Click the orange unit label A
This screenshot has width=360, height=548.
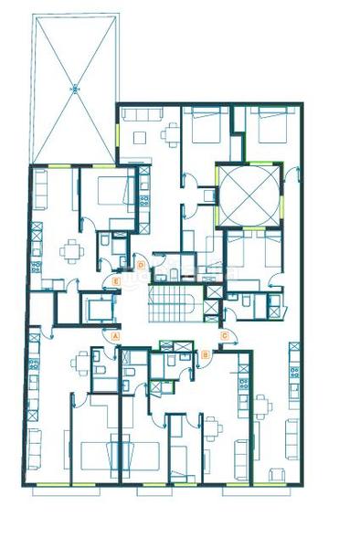click(x=115, y=335)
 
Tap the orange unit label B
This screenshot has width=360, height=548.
click(x=206, y=352)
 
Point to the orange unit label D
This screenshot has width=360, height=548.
click(x=141, y=265)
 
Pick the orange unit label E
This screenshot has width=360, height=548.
click(x=117, y=280)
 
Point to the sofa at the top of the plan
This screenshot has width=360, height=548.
click(x=139, y=115)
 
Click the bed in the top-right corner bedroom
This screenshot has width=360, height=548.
click(x=269, y=125)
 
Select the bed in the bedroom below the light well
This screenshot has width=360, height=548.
click(x=249, y=250)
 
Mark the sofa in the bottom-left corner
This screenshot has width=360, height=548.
click(x=35, y=448)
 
